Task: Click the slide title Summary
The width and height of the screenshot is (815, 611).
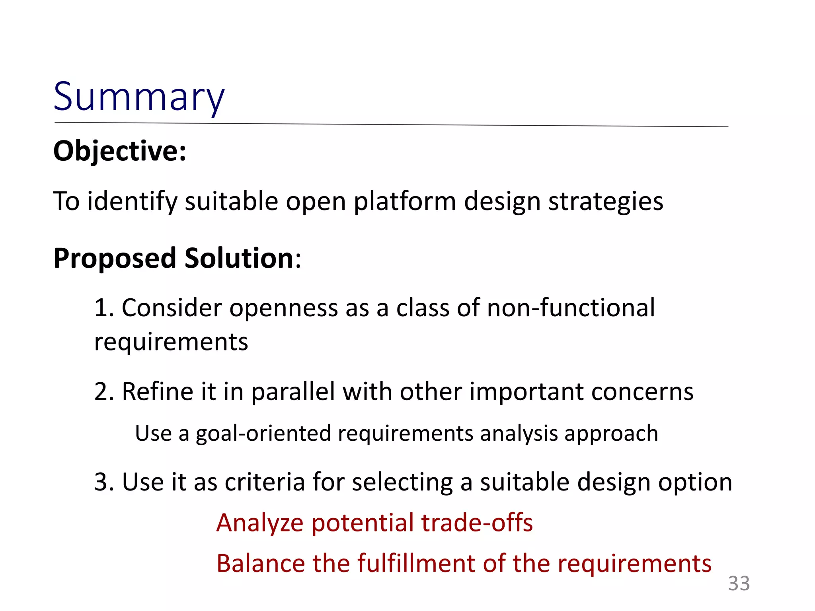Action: [x=139, y=97]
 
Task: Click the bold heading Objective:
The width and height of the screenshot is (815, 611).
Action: [x=120, y=151]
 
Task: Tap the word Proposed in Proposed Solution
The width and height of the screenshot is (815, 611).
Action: [x=115, y=259]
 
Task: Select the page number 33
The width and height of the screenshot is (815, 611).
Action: [x=739, y=584]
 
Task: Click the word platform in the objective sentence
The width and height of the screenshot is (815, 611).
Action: [x=405, y=201]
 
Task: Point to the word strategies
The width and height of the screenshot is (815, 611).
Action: [x=606, y=201]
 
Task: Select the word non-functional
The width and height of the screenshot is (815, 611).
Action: [x=571, y=308]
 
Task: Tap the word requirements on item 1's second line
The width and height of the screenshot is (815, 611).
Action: [x=171, y=342]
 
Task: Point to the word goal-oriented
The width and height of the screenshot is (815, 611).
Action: [x=263, y=434]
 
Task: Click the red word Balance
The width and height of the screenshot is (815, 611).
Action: [x=260, y=564]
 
